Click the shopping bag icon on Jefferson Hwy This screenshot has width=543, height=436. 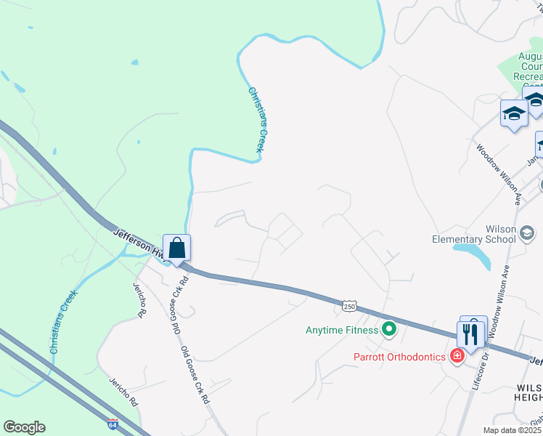coord(176,248)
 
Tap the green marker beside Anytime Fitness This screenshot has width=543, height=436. coord(389,331)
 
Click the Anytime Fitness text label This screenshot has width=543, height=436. coord(341,331)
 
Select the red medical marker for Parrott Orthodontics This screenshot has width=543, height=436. coord(457,355)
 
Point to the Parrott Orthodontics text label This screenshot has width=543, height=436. coord(399,356)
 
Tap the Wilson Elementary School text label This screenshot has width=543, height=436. coord(479,233)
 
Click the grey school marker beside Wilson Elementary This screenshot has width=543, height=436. coord(528,233)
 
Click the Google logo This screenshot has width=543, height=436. coord(24,427)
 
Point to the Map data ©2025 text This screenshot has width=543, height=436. coord(513,430)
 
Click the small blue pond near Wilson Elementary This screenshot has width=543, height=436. coord(472,254)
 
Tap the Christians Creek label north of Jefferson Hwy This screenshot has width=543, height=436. coord(256,120)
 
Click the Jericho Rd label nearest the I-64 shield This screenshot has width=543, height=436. coord(123,391)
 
